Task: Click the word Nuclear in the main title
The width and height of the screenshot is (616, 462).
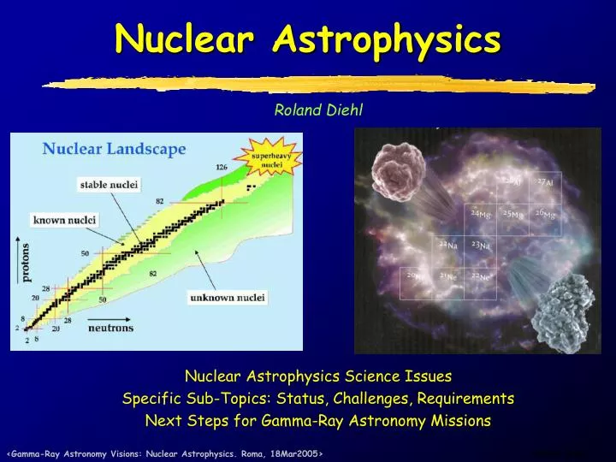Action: pyautogui.click(x=187, y=38)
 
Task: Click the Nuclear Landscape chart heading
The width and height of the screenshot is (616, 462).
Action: pyautogui.click(x=115, y=150)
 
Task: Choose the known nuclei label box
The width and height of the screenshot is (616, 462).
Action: pyautogui.click(x=64, y=220)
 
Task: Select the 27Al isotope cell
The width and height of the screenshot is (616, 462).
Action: pyautogui.click(x=544, y=182)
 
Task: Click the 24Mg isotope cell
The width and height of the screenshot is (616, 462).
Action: pyautogui.click(x=480, y=214)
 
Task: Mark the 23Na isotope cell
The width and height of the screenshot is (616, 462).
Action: pyautogui.click(x=480, y=246)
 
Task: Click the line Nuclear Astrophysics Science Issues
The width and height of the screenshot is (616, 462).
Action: pyautogui.click(x=318, y=376)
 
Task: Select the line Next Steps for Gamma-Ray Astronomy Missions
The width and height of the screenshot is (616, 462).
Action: pyautogui.click(x=318, y=420)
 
